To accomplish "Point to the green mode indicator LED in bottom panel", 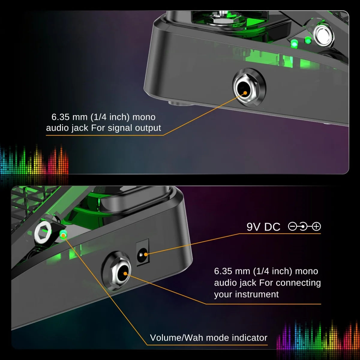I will (63, 235).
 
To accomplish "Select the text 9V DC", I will (263, 227).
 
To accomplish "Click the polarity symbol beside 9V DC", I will (304, 226).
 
